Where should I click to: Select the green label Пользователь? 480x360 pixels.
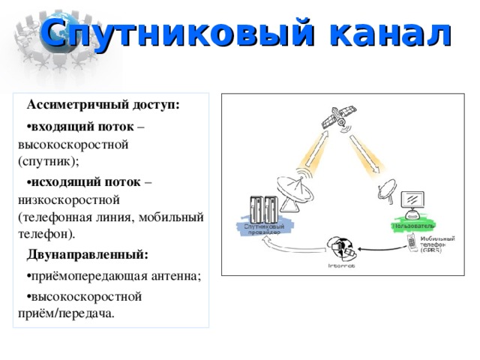(412, 225)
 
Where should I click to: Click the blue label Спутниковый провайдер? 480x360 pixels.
(264, 229)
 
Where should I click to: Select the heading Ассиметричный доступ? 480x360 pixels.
(103, 104)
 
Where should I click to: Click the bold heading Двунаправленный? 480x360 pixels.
(87, 253)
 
